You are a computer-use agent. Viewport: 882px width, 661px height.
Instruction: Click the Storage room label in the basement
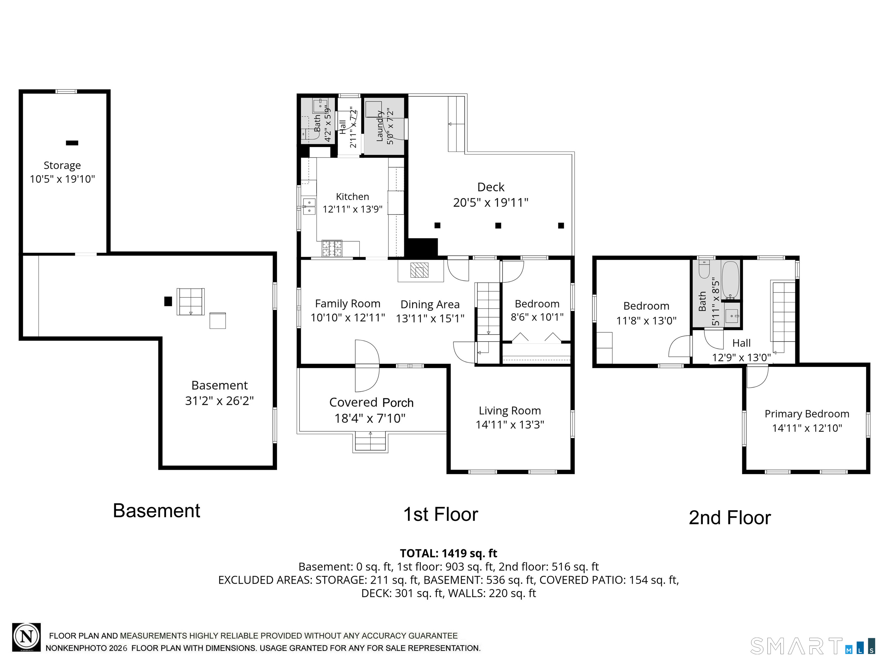[x=62, y=165]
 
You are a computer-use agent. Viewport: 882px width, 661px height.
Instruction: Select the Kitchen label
[x=353, y=197]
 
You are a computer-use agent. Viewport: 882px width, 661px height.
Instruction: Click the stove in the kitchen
[x=332, y=248]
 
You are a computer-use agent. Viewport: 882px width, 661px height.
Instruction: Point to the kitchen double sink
[x=309, y=206]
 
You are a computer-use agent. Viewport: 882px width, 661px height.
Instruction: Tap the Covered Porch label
[x=371, y=402]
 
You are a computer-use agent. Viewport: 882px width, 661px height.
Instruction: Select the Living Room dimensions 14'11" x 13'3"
[x=510, y=424]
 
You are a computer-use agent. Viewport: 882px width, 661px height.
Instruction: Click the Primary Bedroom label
[x=807, y=414]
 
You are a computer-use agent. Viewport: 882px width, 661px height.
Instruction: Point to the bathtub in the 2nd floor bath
[x=730, y=280]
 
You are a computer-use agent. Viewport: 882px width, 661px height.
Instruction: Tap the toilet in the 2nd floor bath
[x=704, y=269]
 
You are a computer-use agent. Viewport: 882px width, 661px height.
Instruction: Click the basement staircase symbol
[x=191, y=302]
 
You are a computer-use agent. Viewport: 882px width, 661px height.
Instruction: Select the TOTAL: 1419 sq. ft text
[x=448, y=553]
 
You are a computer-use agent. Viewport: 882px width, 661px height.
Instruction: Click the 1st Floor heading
[x=441, y=514]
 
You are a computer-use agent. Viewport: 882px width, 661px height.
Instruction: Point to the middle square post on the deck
[x=498, y=226]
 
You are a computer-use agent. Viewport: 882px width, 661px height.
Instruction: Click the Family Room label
[x=348, y=304]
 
